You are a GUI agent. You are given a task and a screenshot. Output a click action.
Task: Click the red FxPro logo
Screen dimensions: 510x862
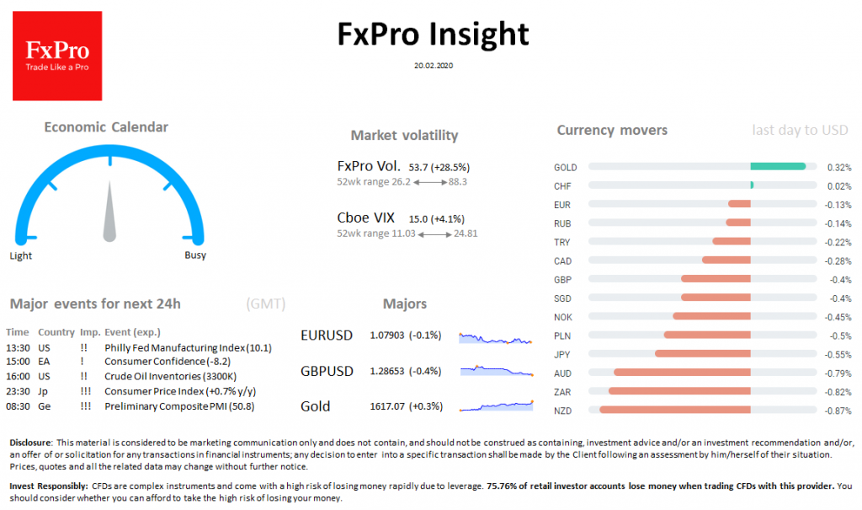57,56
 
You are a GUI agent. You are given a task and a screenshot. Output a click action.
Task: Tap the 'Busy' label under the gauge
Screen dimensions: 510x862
194,255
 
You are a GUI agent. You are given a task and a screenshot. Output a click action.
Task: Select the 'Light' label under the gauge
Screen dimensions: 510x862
21,255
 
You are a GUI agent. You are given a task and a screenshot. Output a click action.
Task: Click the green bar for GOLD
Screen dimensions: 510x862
778,167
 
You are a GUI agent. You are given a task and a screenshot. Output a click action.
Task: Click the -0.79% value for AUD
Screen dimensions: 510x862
838,373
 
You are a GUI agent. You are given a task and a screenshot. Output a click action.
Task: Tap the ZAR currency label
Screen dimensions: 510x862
562,391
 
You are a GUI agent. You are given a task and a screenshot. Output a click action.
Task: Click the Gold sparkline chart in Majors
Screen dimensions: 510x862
496,406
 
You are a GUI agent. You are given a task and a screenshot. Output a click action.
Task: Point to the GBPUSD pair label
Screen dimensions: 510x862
327,371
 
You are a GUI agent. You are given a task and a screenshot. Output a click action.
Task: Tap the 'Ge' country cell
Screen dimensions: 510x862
44,406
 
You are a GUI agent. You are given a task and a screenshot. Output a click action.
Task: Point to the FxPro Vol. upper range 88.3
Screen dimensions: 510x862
458,181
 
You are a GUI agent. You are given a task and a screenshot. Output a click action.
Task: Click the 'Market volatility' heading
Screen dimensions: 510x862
404,136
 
